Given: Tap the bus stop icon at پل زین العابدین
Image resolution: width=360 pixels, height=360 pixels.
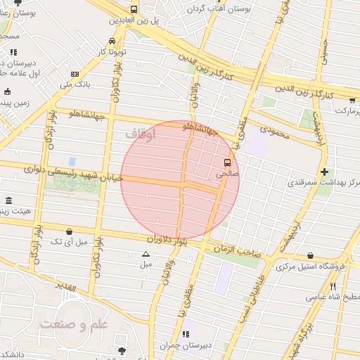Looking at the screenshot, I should coord(134,10).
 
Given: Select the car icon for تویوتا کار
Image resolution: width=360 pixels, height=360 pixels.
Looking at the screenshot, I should coord(112,40).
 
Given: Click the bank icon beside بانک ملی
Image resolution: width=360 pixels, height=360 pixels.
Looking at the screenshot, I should coord(75,74).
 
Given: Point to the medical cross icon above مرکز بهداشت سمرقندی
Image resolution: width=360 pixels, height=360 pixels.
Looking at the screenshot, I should coord(324,172).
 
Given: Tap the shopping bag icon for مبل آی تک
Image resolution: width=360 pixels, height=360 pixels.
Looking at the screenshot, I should coord(69,231).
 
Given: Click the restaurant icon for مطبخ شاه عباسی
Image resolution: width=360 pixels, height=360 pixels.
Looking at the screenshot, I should coord(333,286).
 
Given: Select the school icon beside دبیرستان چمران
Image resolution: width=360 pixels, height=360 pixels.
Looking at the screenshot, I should coord(186,334).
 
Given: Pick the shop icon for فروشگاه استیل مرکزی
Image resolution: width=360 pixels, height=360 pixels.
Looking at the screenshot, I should coord(311,256).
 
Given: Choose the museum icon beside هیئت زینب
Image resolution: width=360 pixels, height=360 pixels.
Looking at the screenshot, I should coord(8,200).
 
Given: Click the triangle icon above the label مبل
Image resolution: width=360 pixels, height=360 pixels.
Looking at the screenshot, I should coord(146,255).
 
